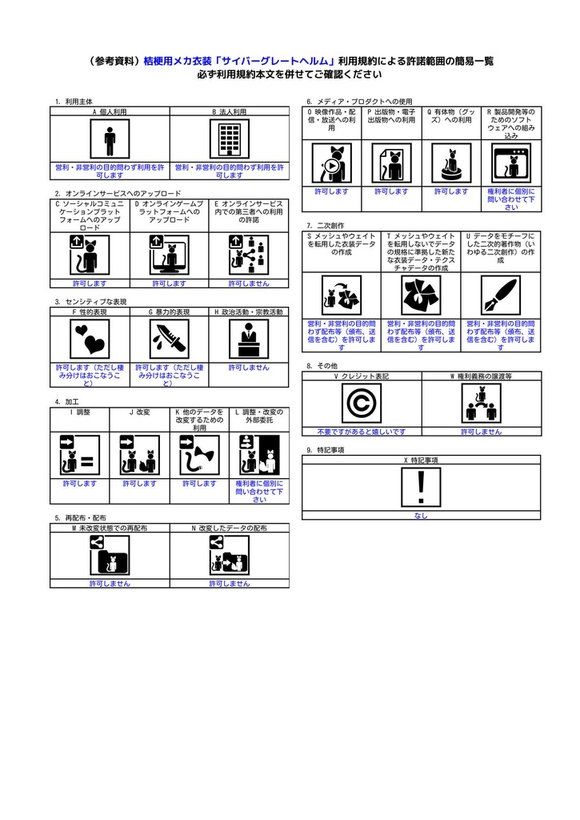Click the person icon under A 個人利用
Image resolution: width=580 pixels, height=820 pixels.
[x=110, y=140]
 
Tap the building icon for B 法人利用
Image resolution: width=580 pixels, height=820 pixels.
[x=230, y=140]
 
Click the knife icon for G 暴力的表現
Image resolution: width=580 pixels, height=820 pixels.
[x=169, y=339]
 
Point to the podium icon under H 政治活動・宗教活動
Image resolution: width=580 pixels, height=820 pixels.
[x=249, y=339]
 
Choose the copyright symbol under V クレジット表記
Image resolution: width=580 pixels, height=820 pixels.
[x=362, y=403]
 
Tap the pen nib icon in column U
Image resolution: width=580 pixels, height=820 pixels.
[x=501, y=295]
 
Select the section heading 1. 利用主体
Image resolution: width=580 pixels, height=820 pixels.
[x=74, y=102]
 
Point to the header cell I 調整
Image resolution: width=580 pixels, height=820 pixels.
[x=80, y=412]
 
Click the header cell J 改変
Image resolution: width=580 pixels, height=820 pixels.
[x=139, y=412]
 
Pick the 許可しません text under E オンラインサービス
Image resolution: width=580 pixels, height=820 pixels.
[x=249, y=283]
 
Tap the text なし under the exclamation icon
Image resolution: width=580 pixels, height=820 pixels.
[x=421, y=516]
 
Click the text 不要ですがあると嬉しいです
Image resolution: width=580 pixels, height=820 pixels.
[x=362, y=432]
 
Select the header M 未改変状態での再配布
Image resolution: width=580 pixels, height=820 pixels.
[x=110, y=529]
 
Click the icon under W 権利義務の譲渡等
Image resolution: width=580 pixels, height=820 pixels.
[x=481, y=403]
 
